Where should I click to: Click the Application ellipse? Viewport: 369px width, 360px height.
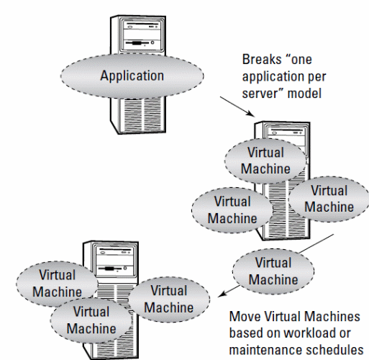tap(132, 76)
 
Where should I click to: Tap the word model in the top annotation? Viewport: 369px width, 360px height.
tap(304, 93)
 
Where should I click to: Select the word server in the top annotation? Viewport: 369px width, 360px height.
tap(260, 94)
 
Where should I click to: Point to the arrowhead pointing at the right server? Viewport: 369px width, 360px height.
tap(251, 114)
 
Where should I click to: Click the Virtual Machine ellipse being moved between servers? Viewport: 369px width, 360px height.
tap(273, 271)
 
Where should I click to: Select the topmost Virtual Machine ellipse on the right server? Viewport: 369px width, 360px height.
tap(265, 161)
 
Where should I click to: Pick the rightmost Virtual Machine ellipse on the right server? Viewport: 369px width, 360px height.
tap(329, 199)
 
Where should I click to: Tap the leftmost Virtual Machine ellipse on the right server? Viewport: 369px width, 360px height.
tap(232, 210)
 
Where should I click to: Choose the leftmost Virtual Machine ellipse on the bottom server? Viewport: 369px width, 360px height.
tap(57, 284)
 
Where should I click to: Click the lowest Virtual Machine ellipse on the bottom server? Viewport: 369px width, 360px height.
tap(91, 320)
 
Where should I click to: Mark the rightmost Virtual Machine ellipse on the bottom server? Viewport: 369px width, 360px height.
tap(169, 300)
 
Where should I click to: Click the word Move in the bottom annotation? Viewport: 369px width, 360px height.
tap(245, 317)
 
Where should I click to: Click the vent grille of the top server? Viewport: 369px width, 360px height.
tap(142, 114)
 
